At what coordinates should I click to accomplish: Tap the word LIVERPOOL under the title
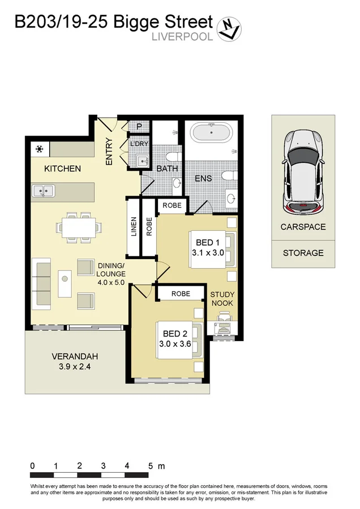pos(182,37)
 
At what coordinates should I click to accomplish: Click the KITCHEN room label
pos(62,169)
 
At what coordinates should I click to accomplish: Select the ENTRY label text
pos(109,152)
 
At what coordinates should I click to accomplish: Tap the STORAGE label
pos(303,253)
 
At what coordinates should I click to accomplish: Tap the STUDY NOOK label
pos(222,299)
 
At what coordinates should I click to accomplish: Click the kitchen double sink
pos(43,192)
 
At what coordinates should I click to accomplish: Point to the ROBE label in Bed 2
pos(181,294)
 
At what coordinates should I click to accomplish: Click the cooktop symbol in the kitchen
pos(40,149)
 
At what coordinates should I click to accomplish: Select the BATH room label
pos(167,169)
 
